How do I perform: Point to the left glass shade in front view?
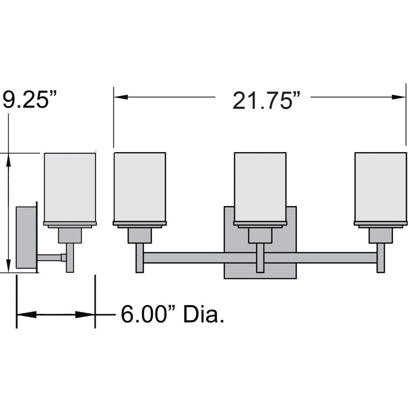(139, 187)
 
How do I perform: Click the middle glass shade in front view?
(260, 187)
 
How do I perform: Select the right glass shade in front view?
(380, 187)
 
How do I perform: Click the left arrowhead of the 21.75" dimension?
(121, 97)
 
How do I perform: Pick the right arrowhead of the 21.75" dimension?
(398, 97)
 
